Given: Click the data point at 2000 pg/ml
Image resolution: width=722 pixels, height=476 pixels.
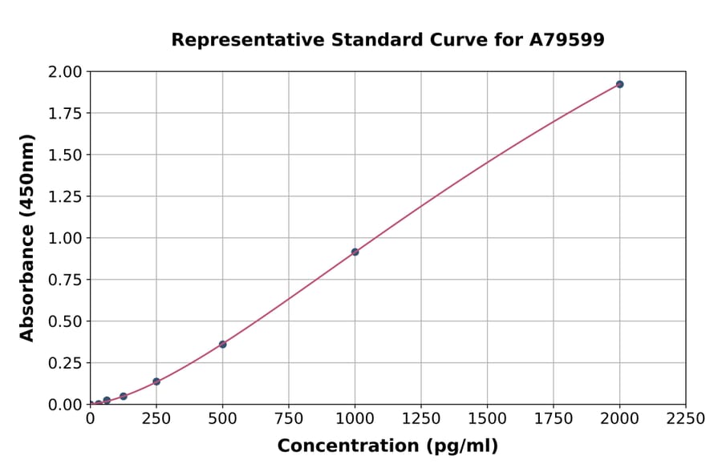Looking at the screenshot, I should (x=619, y=84).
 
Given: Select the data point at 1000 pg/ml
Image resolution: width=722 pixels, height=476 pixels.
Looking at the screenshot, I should (x=355, y=252).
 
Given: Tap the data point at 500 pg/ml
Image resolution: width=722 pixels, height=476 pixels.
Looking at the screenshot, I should (x=222, y=345).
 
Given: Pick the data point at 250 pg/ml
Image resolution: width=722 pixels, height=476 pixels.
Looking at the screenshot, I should (x=156, y=381).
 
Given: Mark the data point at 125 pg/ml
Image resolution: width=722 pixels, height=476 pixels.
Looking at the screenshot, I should (x=124, y=397).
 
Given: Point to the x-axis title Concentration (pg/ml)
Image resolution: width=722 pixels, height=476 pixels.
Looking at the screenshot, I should (x=387, y=446).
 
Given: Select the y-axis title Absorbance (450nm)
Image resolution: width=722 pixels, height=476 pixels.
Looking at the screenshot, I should (x=27, y=238).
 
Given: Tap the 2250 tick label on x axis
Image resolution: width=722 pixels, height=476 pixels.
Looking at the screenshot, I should (x=686, y=419).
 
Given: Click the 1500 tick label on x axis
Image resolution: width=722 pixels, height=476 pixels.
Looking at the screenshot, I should (x=487, y=419).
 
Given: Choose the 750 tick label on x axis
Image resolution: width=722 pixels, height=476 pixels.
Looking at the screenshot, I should (x=289, y=419).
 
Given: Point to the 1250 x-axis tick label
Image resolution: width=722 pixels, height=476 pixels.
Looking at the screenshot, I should (x=421, y=419).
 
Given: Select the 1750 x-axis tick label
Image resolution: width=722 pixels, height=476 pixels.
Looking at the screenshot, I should (x=554, y=419).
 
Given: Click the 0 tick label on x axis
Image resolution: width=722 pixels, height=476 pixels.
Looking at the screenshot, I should (x=91, y=419).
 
